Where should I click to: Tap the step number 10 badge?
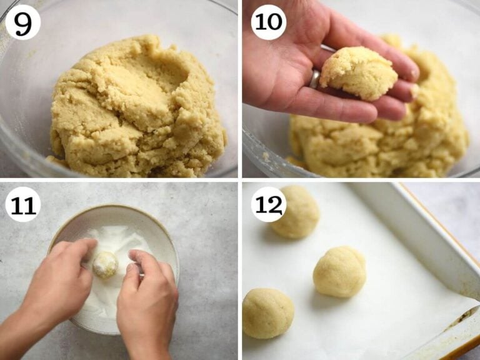pyautogui.click(x=268, y=22)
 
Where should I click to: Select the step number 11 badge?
pyautogui.click(x=22, y=204)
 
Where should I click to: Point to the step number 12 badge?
pyautogui.click(x=269, y=204)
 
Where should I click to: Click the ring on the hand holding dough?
pyautogui.click(x=315, y=78)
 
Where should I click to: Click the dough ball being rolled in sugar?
pyautogui.click(x=105, y=264)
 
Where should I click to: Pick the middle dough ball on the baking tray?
pyautogui.click(x=339, y=271)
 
